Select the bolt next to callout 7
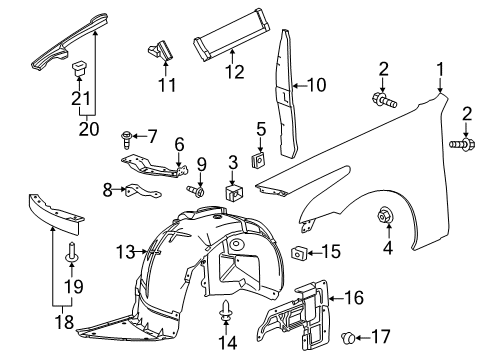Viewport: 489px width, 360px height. pyautogui.click(x=128, y=135)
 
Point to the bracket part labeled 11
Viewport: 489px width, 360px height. pyautogui.click(x=161, y=47)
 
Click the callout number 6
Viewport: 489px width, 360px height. pyautogui.click(x=178, y=144)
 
